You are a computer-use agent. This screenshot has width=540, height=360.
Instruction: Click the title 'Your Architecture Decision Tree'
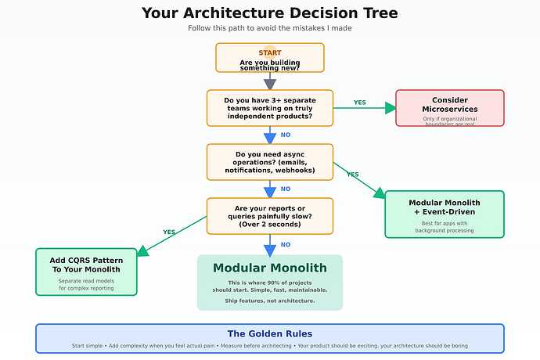[270, 13]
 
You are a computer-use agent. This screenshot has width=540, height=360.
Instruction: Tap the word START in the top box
[270, 52]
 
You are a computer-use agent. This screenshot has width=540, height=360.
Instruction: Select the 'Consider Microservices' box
[450, 108]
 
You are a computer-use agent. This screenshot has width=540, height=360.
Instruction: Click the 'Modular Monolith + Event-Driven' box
[445, 214]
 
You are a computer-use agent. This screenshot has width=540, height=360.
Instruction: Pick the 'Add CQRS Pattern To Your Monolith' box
[86, 272]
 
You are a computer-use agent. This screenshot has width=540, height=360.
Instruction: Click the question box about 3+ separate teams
[270, 108]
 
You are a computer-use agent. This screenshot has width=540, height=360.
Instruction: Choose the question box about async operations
[270, 162]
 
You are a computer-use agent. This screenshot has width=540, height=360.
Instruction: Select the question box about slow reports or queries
[270, 216]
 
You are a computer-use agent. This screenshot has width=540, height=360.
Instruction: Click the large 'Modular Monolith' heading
[270, 268]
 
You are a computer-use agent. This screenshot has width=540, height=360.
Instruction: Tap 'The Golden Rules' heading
[270, 333]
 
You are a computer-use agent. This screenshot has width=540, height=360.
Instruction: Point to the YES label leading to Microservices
[359, 103]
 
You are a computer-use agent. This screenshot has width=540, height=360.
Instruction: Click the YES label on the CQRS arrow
[169, 232]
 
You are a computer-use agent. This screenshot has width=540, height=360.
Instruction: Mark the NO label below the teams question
[286, 135]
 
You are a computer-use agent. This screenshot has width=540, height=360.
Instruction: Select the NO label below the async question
[286, 189]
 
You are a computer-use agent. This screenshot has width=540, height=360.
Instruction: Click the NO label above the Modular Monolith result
[286, 245]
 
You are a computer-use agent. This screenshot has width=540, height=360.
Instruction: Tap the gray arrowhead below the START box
[270, 84]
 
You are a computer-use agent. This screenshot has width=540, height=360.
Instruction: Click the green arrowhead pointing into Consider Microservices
[391, 108]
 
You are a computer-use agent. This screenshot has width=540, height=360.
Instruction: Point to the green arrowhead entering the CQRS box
[142, 251]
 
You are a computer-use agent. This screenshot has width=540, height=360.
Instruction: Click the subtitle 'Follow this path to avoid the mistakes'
[270, 28]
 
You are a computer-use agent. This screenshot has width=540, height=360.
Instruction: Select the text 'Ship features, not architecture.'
[270, 301]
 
